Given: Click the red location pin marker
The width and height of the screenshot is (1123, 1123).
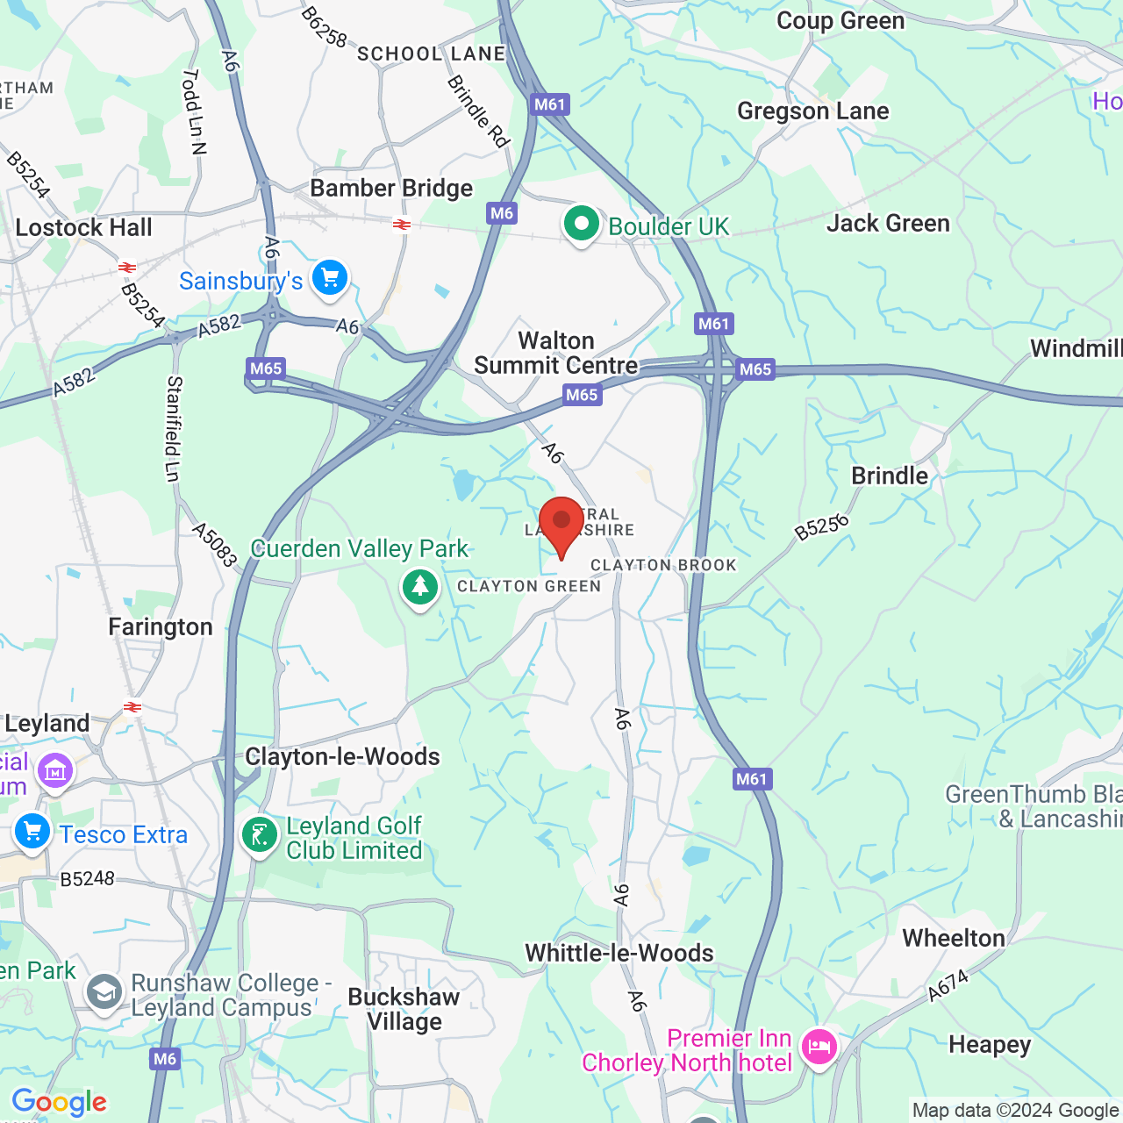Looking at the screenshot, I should tap(561, 524).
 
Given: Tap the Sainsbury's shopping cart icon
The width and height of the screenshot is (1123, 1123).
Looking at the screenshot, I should tap(330, 279).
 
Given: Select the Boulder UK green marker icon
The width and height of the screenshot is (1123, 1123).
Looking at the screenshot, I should tap(581, 225).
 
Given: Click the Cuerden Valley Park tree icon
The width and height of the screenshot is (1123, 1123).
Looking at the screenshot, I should tap(420, 586).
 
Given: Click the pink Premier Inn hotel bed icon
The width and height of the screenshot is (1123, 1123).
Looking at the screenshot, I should tap(819, 1047).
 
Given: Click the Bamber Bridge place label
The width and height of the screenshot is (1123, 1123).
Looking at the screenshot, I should tap(391, 189).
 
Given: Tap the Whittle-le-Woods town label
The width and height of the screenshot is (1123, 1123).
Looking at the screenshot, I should tap(619, 953).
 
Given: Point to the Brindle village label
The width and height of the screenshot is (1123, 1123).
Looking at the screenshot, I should tap(890, 476).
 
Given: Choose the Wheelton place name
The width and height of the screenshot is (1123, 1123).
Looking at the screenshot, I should tap(954, 938).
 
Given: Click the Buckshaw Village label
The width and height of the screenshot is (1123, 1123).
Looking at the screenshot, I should tap(404, 1009).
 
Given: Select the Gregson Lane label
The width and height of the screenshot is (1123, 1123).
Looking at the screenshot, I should tap(812, 111).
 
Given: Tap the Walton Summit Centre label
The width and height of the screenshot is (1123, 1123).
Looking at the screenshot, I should tap(556, 353).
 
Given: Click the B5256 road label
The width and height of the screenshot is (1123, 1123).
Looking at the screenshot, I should tap(822, 527).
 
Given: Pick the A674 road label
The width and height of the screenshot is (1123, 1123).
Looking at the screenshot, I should tap(948, 986).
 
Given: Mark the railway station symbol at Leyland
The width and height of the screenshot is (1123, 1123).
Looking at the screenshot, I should tap(132, 707).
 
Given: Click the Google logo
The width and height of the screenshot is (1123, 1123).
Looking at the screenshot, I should tap(59, 1103).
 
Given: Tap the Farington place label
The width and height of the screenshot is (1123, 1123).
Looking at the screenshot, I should tap(161, 627).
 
